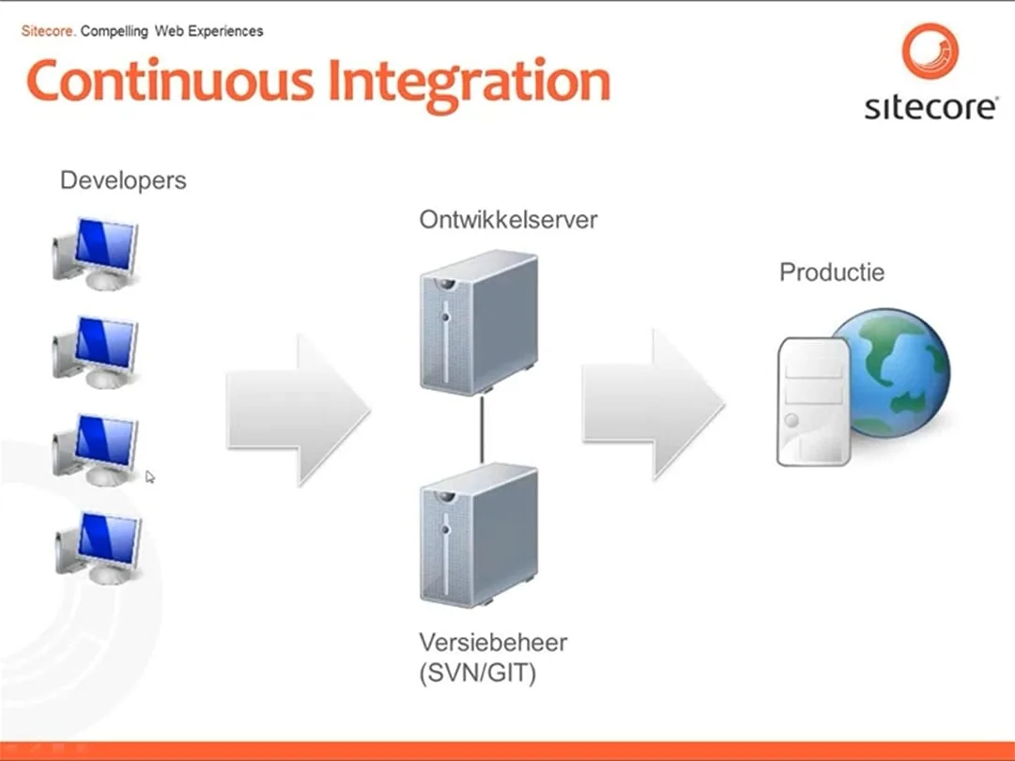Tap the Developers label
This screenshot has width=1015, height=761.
(123, 180)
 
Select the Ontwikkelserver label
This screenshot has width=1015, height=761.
(508, 221)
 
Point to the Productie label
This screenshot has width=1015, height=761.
(832, 272)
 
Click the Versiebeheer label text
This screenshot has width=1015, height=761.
(493, 644)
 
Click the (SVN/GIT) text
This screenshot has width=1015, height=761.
(477, 673)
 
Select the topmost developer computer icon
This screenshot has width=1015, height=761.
(96, 252)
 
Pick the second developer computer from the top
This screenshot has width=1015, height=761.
(96, 351)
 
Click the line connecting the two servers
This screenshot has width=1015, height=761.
(482, 428)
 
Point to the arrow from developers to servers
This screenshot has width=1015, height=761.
(298, 410)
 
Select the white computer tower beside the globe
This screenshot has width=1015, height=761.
(813, 403)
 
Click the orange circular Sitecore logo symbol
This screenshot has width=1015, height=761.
(930, 52)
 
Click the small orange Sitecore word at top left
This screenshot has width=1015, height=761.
(48, 31)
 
